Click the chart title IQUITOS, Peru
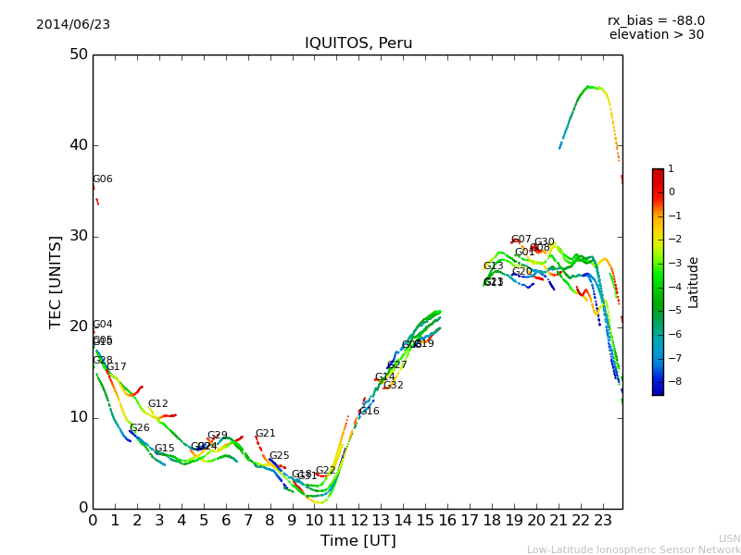(x=358, y=43)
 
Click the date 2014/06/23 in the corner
(x=73, y=25)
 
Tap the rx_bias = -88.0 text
(x=656, y=20)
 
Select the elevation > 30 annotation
(x=656, y=35)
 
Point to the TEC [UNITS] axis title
(x=57, y=282)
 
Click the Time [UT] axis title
(x=358, y=541)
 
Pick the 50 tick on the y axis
(x=78, y=55)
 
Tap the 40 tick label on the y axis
(x=78, y=145)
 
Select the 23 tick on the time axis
(x=602, y=520)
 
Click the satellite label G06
(x=102, y=179)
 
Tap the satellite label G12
(x=158, y=404)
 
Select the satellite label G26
(x=139, y=428)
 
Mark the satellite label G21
(x=265, y=434)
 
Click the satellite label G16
(x=369, y=412)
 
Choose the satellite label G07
(x=521, y=240)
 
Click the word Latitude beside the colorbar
(x=694, y=282)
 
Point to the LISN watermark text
(x=729, y=538)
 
